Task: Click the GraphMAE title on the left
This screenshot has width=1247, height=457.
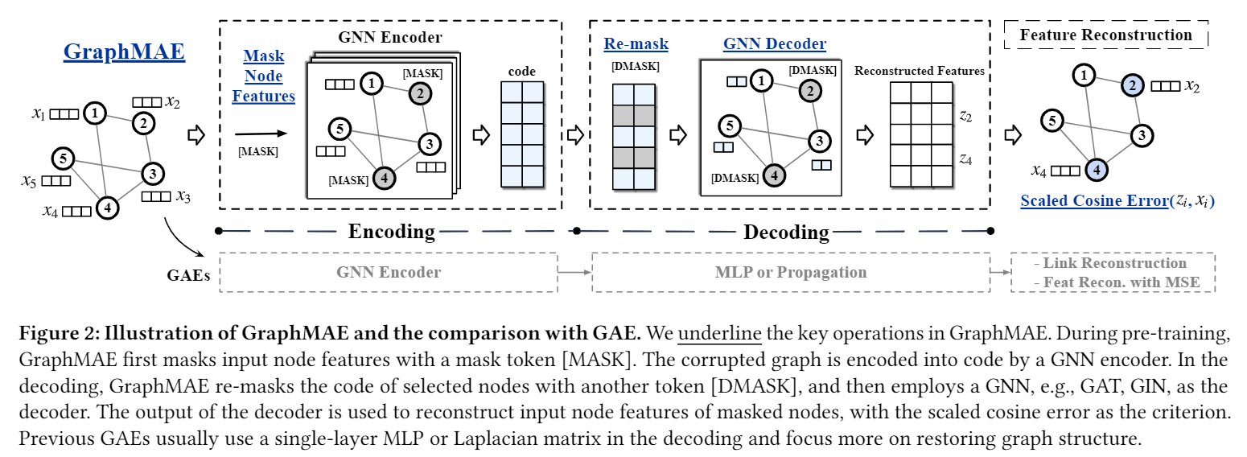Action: click(x=124, y=52)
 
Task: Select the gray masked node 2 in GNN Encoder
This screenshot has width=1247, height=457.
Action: click(x=419, y=94)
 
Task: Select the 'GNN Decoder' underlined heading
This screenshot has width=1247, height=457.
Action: click(x=774, y=44)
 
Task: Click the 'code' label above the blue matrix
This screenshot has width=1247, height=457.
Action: click(x=521, y=72)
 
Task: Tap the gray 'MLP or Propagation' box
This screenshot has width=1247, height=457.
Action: click(x=791, y=272)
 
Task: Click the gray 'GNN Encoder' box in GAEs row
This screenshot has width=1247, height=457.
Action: click(x=389, y=272)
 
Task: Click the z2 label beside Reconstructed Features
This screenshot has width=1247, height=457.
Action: click(x=965, y=117)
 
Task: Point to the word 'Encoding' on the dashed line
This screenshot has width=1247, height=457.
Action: click(x=391, y=232)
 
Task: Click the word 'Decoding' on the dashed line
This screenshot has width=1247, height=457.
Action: click(x=785, y=233)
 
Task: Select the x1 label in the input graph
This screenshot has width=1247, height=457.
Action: click(x=39, y=114)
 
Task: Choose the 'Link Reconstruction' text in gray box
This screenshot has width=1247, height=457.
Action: click(x=1114, y=263)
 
